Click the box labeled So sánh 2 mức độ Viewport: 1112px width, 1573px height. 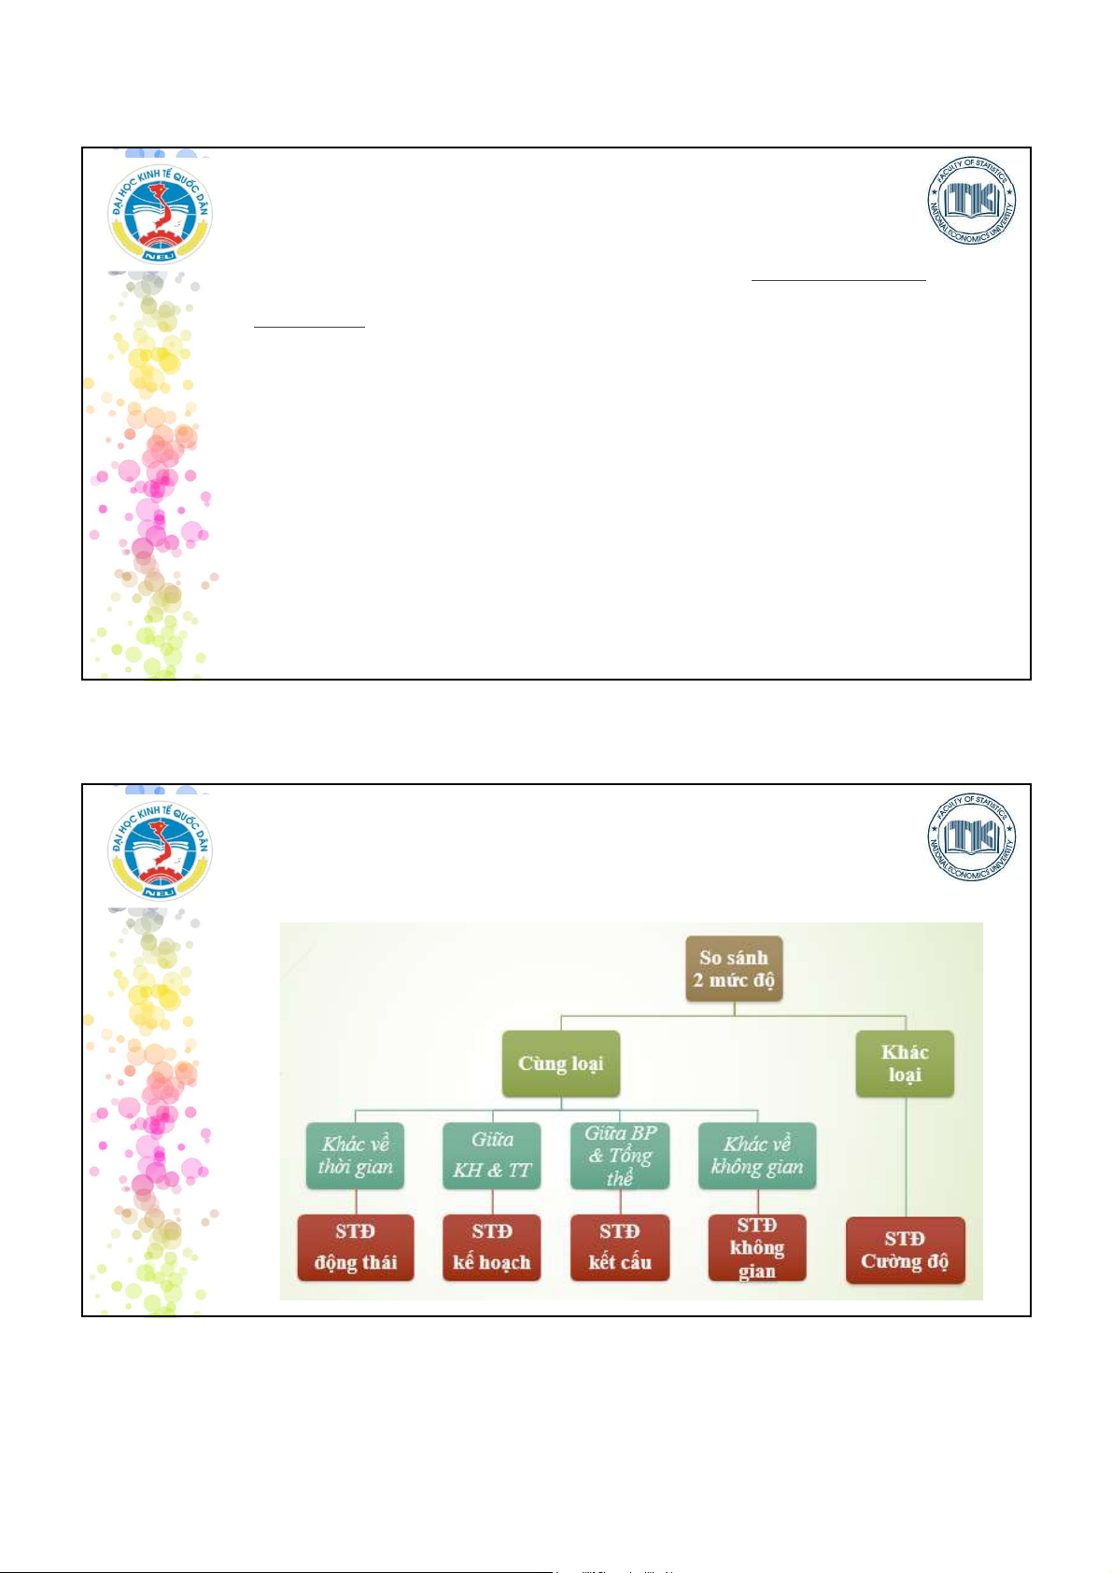coord(734,969)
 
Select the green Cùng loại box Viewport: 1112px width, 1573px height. coord(560,1063)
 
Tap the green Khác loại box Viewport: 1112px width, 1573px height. coord(904,1063)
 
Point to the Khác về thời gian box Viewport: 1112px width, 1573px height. coord(355,1156)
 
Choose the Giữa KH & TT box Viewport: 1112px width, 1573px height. coord(491,1156)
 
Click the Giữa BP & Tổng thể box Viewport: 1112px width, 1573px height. coord(620,1156)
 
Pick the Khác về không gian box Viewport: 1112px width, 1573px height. coord(757,1156)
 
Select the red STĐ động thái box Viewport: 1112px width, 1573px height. coord(355,1247)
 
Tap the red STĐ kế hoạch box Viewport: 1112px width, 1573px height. coord(491,1247)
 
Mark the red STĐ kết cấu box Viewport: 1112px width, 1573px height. coord(620,1247)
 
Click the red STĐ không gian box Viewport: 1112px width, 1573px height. coord(757,1247)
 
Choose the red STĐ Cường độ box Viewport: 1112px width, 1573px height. coord(905,1250)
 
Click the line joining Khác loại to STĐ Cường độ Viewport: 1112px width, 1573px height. coord(906,1158)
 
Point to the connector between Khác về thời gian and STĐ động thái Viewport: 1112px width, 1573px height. coord(356,1201)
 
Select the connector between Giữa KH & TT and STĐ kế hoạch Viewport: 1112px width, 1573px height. coord(492,1201)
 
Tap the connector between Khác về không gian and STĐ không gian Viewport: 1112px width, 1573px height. coord(757,1201)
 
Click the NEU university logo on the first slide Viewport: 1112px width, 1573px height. coord(160,215)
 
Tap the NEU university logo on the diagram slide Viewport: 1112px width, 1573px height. coord(160,850)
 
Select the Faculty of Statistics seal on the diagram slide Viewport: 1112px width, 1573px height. coord(971,837)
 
